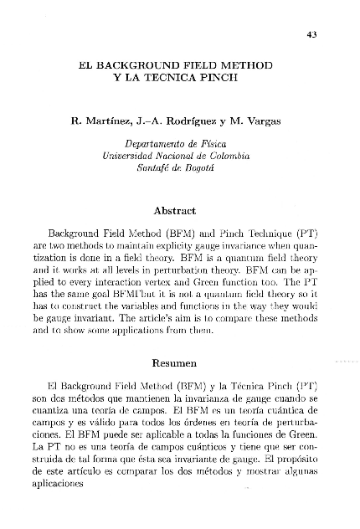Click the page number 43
click(312, 34)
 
